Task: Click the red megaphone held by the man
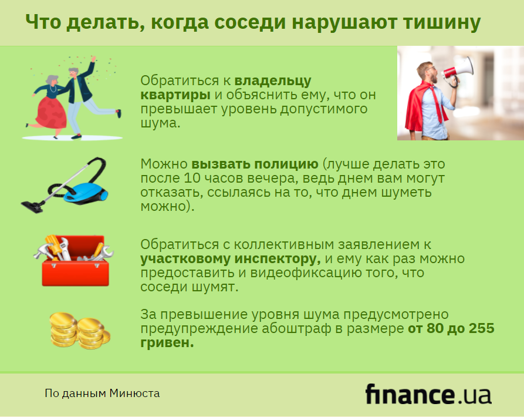click(458, 71)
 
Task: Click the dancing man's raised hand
click(93, 59)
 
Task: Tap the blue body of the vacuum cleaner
click(86, 193)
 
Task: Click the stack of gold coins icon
click(79, 331)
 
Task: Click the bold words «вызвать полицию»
click(255, 164)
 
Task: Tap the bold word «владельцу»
click(273, 81)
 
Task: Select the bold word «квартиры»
click(175, 95)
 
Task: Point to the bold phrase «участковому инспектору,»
click(230, 259)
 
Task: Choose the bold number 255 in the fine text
click(482, 328)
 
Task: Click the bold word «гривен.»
click(167, 343)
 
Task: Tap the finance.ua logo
click(428, 394)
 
